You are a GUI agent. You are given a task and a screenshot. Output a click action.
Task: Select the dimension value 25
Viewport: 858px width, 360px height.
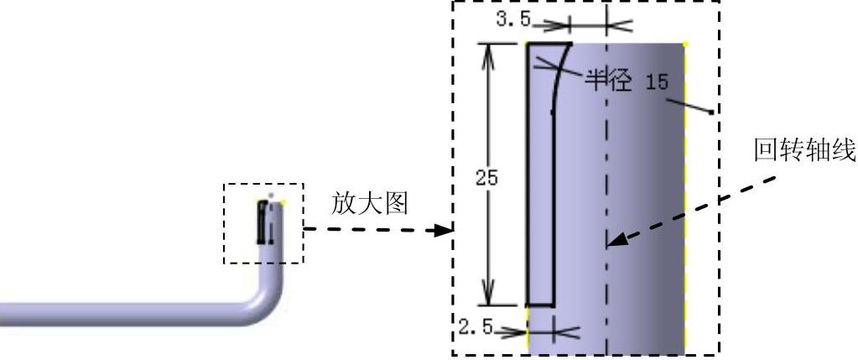(486, 178)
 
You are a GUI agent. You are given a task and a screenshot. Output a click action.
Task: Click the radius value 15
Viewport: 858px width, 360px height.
(657, 81)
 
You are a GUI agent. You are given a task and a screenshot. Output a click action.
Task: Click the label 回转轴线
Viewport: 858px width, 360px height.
(803, 152)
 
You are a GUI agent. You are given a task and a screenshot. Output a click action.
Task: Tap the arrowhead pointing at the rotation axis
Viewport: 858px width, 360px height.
(615, 242)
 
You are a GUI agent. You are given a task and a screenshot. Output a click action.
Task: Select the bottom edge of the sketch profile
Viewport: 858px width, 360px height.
(539, 305)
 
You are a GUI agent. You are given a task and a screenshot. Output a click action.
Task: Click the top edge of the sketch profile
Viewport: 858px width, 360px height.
(549, 43)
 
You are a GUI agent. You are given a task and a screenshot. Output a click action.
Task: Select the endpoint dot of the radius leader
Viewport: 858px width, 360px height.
(711, 112)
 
